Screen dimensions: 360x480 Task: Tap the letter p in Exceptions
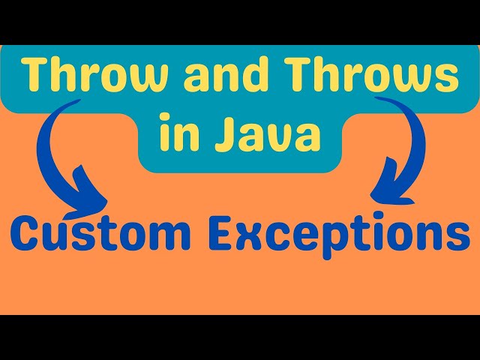point(320,241)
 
